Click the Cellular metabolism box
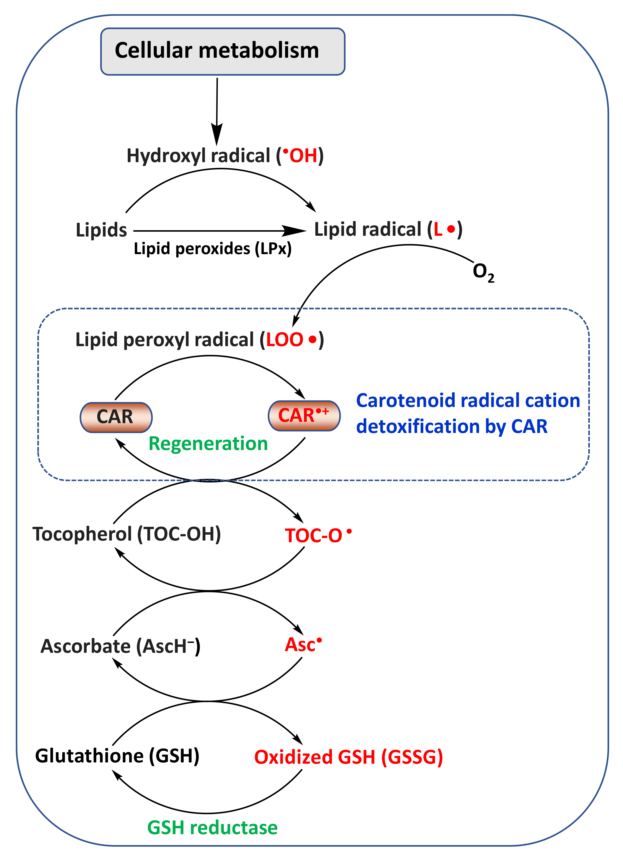(x=222, y=51)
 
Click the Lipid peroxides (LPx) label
(x=213, y=249)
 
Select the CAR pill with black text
(x=116, y=417)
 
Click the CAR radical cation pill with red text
(x=304, y=416)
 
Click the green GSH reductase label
(x=212, y=828)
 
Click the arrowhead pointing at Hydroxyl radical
(x=217, y=134)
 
